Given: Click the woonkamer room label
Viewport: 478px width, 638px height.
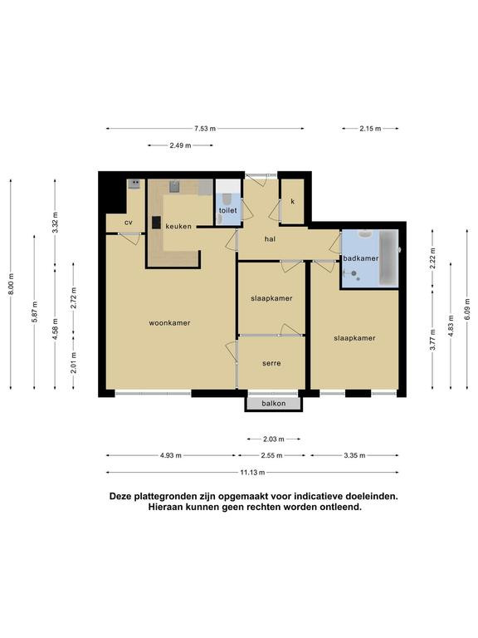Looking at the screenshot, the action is coord(169,323).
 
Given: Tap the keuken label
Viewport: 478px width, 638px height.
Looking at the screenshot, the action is coord(178,227).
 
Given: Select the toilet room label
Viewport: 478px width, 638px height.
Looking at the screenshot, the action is coord(227,210).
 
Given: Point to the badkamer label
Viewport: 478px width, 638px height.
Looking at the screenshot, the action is coord(360,258).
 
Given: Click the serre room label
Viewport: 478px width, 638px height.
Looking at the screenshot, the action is coord(271,363).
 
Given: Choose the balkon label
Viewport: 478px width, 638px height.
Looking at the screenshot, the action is coord(274,403).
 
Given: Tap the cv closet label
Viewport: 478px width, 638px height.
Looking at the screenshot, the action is coord(129,223).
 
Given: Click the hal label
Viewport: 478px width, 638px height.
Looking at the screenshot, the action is coord(270,239).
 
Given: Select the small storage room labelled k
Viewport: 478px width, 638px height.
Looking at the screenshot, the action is coord(293,201).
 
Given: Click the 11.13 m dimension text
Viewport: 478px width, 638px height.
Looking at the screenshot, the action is coord(252,473).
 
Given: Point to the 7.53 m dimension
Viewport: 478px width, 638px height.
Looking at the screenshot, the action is coord(205,129).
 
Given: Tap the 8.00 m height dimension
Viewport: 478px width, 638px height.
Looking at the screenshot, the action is coord(11,283).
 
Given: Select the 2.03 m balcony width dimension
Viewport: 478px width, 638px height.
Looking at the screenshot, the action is coord(274,439).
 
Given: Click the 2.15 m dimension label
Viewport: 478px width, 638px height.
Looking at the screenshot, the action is coord(370,129).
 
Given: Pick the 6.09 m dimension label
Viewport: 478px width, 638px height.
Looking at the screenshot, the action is coord(467,310).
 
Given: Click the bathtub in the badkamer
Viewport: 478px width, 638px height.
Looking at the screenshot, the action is coord(388,258).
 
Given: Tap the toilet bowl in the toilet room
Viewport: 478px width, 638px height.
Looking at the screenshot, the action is coord(227,199).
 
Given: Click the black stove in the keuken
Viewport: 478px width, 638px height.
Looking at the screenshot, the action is coord(157,223).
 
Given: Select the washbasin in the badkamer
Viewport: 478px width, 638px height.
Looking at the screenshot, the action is coord(366,234).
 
